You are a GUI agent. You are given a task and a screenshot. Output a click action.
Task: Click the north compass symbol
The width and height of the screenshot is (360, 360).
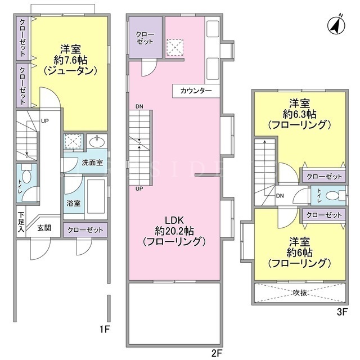pyautogui.click(x=336, y=25)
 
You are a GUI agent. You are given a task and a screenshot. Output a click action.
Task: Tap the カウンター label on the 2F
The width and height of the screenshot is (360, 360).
pyautogui.click(x=196, y=91)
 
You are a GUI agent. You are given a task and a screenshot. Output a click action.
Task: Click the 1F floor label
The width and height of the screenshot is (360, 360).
pyautogui.click(x=105, y=330)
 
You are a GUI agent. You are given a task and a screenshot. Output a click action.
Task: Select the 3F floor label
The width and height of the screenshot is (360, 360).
pyautogui.click(x=343, y=312)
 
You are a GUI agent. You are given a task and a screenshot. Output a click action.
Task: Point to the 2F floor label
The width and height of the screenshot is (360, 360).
pyautogui.click(x=217, y=353)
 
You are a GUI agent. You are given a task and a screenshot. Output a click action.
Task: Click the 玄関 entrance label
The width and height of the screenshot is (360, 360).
pyautogui.click(x=44, y=228)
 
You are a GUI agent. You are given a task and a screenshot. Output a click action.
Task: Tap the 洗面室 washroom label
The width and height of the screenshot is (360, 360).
pyautogui.click(x=92, y=163)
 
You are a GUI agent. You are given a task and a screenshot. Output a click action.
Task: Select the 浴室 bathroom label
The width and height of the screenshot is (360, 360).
pyautogui.click(x=74, y=203)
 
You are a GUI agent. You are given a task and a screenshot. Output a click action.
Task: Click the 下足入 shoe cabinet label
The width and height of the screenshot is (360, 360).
pyautogui.click(x=21, y=222)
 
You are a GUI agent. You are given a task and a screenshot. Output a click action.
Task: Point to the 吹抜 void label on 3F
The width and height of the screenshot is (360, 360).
pyautogui.click(x=300, y=292)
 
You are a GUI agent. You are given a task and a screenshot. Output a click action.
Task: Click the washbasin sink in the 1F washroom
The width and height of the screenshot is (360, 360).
pyautogui.click(x=97, y=142)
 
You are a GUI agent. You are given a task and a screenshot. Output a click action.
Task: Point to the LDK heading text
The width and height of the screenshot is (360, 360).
pyautogui.click(x=174, y=220)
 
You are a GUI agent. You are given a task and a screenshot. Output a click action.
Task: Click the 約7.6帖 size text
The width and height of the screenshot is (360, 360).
pyautogui.click(x=70, y=60)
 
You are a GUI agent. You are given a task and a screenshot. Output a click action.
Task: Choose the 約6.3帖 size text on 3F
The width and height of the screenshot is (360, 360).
pyautogui.click(x=299, y=114)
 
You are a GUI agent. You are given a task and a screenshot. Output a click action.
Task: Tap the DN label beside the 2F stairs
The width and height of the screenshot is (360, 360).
pyautogui.click(x=139, y=106)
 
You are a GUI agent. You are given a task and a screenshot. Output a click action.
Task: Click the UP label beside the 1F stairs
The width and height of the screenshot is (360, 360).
pyautogui.click(x=45, y=121)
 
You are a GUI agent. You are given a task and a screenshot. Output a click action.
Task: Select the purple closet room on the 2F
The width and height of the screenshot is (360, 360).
pyautogui.click(x=146, y=37)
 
